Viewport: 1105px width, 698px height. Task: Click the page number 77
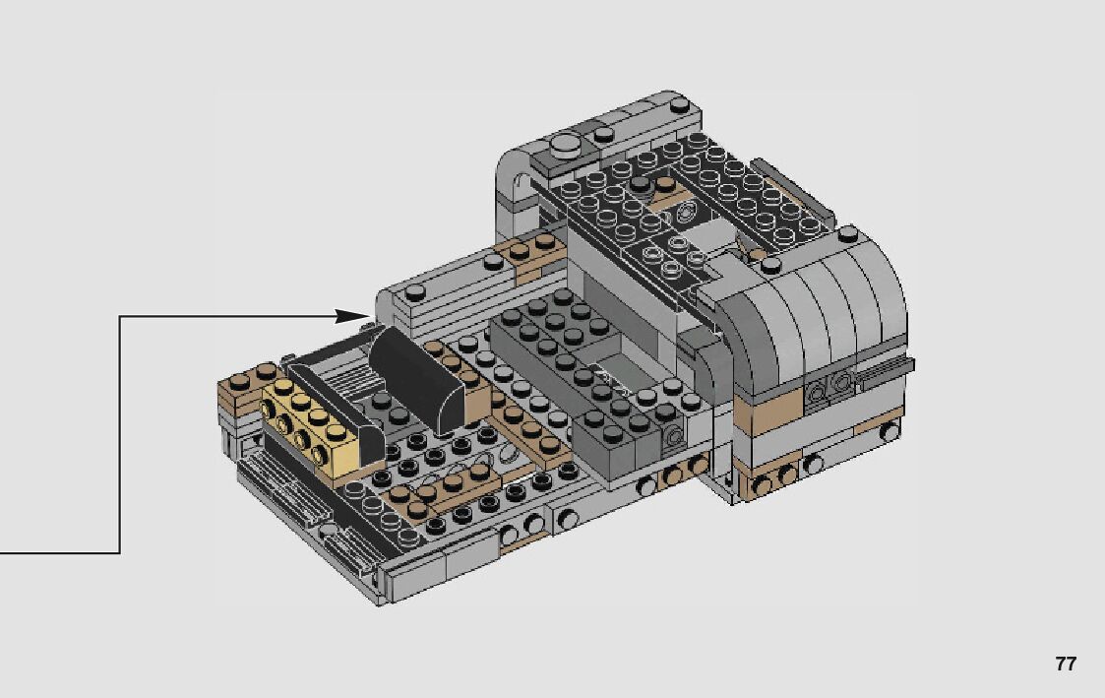click(1066, 664)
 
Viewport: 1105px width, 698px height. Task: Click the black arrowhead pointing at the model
click(351, 317)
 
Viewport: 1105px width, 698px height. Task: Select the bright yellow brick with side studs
click(310, 428)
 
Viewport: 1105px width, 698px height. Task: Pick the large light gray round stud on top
click(566, 146)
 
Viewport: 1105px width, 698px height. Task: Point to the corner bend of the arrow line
click(120, 317)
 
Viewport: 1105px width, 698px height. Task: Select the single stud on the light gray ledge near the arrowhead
click(417, 290)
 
